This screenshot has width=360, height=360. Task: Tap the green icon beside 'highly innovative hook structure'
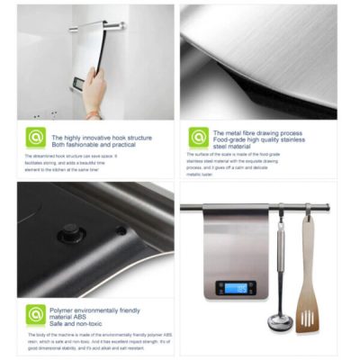point(36,138)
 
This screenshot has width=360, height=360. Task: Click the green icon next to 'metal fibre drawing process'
point(199,138)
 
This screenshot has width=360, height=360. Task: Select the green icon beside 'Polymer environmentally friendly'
point(36,315)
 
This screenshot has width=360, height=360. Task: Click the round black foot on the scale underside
point(71,231)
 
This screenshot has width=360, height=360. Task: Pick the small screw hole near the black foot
point(121,230)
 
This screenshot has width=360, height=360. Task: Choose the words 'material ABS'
point(73,316)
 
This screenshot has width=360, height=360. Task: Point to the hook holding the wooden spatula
point(307,211)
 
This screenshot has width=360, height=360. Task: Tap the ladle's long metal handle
point(280,261)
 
